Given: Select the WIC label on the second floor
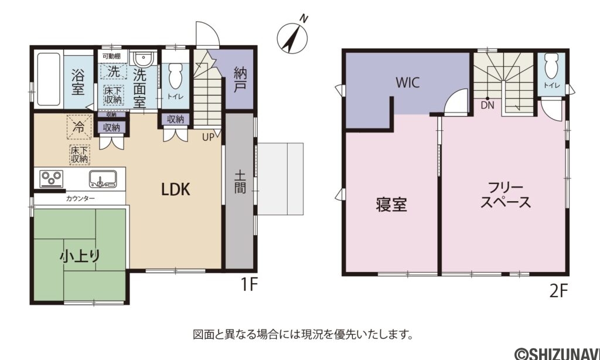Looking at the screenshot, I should pyautogui.click(x=407, y=83).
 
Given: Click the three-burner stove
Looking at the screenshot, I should pyautogui.click(x=52, y=177).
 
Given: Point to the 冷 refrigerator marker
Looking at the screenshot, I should pyautogui.click(x=77, y=125).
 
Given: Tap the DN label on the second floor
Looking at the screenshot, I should pyautogui.click(x=487, y=106).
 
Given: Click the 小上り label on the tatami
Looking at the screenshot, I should pyautogui.click(x=80, y=256).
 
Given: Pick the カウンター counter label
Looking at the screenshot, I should pyautogui.click(x=80, y=199).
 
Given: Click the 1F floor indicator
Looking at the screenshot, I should pyautogui.click(x=249, y=285).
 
